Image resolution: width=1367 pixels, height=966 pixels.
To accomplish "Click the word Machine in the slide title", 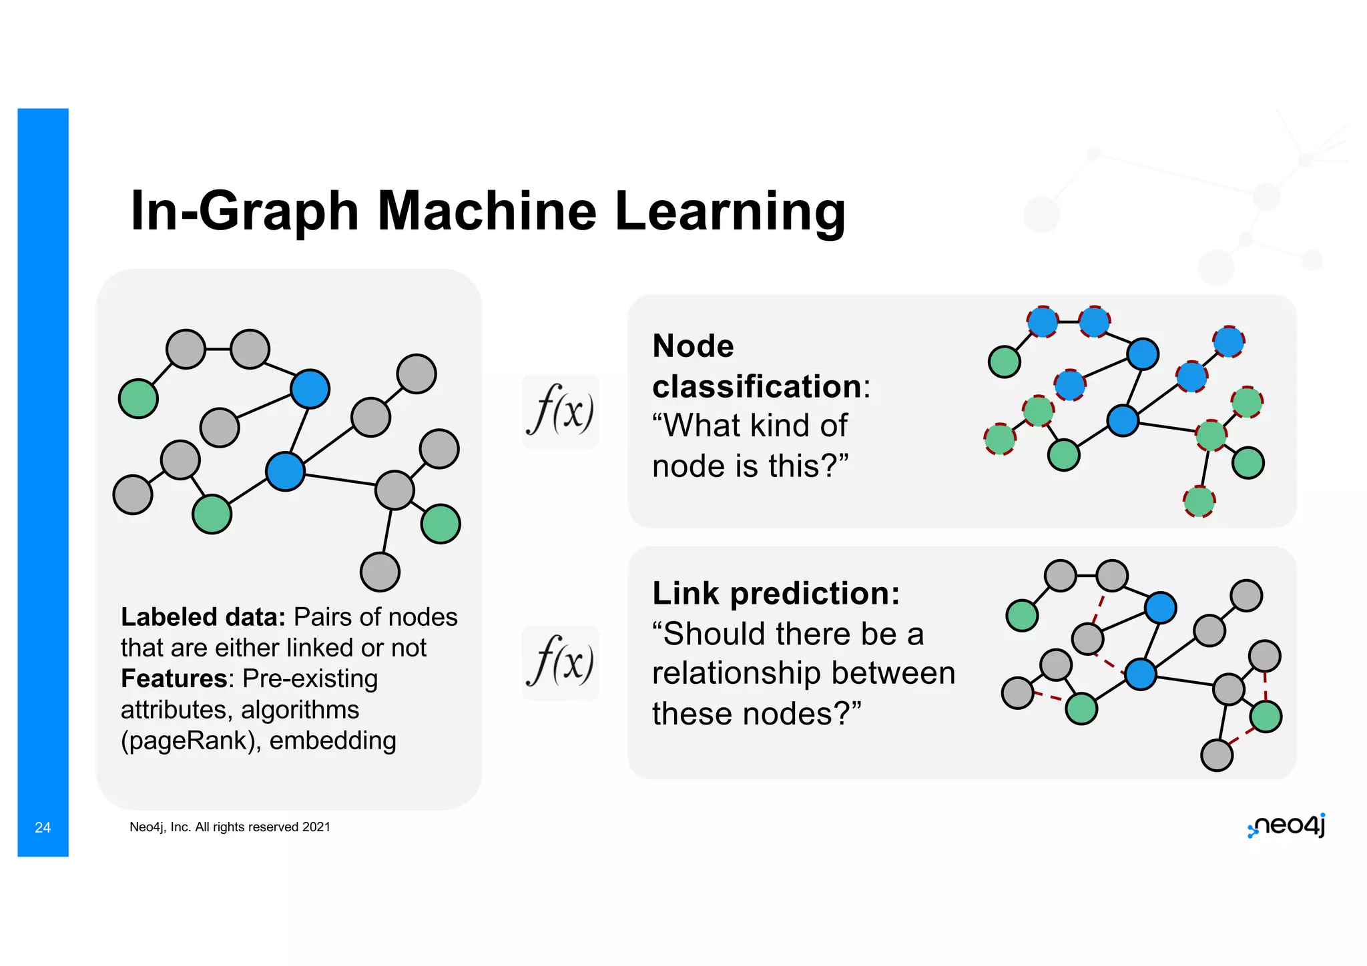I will [487, 211].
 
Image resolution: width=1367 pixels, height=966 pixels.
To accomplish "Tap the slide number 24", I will [43, 828].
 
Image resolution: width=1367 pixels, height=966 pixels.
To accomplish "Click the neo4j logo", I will [1286, 826].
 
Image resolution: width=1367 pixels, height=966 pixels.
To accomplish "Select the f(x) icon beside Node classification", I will [560, 411].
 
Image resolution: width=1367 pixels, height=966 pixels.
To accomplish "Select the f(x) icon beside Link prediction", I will [560, 662].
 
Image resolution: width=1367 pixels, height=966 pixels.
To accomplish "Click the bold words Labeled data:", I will [203, 617].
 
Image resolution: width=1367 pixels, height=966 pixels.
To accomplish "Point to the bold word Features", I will [174, 678].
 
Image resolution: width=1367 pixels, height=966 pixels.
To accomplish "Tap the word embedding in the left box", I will [332, 741].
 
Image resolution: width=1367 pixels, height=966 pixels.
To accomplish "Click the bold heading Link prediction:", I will [776, 593].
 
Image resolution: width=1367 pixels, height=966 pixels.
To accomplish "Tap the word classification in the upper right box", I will [757, 387].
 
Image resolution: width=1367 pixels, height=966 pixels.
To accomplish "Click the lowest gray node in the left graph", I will [380, 572].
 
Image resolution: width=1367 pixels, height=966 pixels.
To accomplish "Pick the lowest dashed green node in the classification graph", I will [1199, 502].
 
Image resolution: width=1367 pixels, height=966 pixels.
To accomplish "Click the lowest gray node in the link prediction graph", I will [1216, 755].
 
